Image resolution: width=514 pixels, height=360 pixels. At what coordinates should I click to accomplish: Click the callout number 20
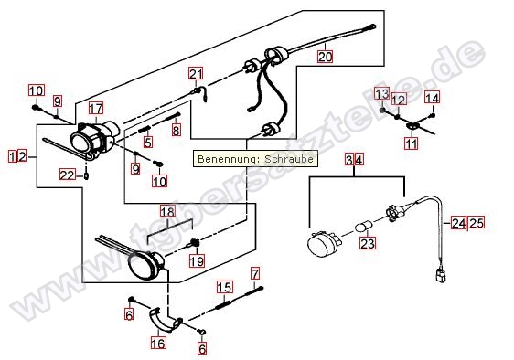tap(325, 57)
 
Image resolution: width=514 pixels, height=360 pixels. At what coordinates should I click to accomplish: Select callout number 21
tap(196, 74)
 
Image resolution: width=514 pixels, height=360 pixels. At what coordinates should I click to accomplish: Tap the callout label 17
tap(96, 108)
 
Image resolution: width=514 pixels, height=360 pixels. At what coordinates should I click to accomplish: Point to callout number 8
tap(176, 131)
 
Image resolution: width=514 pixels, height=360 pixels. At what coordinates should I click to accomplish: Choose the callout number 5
tap(148, 142)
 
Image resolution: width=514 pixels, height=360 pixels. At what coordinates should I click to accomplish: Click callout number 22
tap(67, 175)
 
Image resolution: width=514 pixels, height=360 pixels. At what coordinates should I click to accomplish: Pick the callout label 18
tap(167, 211)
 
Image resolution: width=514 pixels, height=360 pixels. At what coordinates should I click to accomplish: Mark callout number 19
tap(197, 260)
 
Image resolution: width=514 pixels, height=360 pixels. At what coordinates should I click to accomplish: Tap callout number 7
tap(255, 273)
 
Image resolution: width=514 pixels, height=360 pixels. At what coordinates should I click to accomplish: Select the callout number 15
tap(225, 287)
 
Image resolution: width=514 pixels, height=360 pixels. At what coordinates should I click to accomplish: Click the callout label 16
tap(158, 343)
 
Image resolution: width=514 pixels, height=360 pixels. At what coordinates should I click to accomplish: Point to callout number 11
tap(411, 143)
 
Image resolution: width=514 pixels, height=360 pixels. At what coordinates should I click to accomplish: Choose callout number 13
tap(382, 94)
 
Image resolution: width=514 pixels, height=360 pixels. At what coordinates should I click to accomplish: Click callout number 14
tap(432, 98)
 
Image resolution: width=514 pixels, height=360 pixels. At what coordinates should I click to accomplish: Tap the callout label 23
tap(367, 243)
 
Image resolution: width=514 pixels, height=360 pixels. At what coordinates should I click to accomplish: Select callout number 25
tap(477, 223)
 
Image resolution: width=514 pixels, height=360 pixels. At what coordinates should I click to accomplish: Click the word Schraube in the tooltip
tap(289, 159)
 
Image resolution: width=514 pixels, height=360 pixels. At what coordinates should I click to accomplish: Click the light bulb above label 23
tap(364, 227)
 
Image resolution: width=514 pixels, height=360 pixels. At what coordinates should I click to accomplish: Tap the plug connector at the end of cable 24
tap(440, 276)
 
